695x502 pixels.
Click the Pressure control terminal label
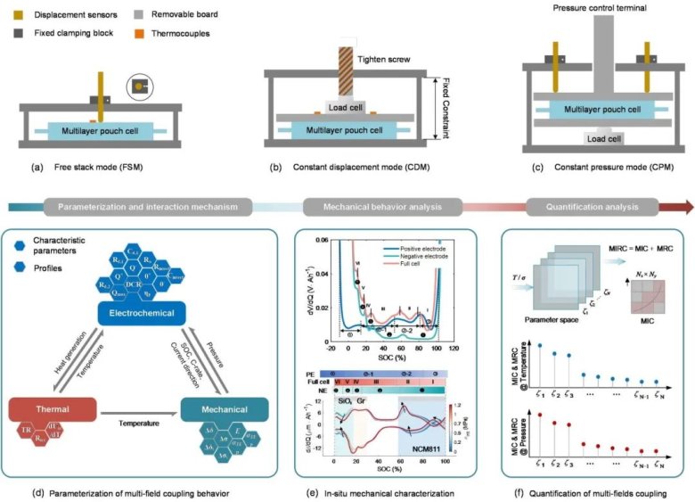586,9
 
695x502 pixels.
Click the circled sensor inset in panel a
139,88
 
